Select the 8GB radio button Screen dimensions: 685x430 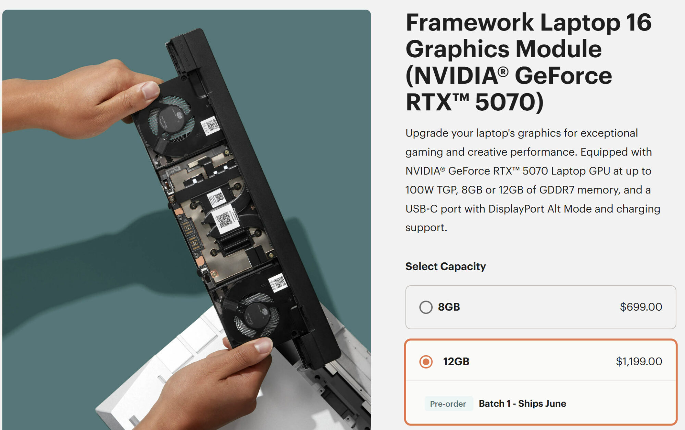click(x=426, y=307)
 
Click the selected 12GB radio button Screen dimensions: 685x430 click(x=426, y=361)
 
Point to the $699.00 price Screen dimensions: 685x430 click(x=641, y=307)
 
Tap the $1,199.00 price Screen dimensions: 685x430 click(x=639, y=361)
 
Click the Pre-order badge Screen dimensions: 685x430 click(x=448, y=404)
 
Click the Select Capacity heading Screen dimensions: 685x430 click(x=446, y=266)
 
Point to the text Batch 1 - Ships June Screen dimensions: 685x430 click(x=522, y=404)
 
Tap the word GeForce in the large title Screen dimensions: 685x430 click(x=563, y=75)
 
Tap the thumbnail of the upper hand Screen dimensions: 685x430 click(x=150, y=90)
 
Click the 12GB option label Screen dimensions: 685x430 click(x=456, y=361)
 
